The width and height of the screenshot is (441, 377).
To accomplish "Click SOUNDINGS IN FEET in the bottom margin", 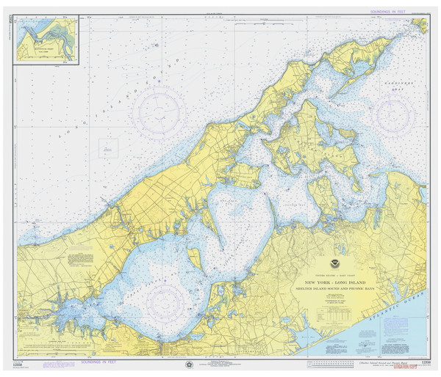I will pos(98,362).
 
